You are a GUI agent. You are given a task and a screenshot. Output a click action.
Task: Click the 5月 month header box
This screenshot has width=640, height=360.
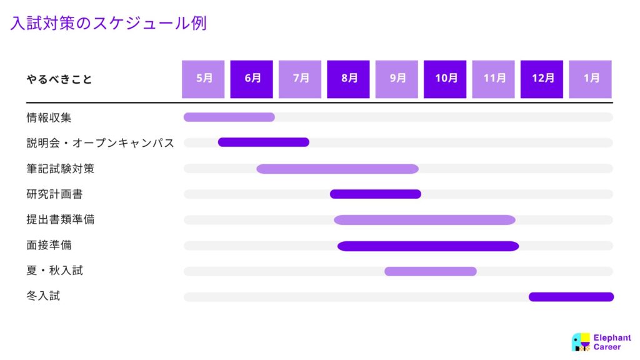coord(203,79)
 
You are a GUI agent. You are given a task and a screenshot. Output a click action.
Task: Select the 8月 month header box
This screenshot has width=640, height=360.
coord(348,79)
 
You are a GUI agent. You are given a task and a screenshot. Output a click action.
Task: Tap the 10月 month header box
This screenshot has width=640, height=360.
coord(445,79)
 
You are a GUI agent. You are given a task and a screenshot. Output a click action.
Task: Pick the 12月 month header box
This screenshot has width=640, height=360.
coord(542,79)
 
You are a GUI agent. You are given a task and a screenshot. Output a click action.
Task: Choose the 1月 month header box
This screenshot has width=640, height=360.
coord(590,79)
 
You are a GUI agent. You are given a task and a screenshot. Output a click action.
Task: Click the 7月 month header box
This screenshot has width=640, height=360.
coord(300,79)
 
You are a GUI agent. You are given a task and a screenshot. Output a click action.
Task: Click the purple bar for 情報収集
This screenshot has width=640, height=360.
coord(229,117)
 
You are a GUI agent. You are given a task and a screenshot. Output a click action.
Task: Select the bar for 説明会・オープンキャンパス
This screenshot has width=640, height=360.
coord(264,142)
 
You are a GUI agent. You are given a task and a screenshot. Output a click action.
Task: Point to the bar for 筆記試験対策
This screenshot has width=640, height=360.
coord(337,169)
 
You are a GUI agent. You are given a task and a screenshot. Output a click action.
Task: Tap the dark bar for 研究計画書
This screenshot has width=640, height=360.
coord(376,194)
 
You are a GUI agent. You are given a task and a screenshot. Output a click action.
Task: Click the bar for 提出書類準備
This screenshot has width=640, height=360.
coord(424,220)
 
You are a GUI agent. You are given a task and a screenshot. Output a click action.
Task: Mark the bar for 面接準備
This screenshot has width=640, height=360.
coord(428,246)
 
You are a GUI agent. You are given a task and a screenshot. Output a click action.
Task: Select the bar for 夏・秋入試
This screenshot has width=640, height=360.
coord(431,271)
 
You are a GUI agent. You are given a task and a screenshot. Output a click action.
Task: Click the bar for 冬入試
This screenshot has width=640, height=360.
coord(571,297)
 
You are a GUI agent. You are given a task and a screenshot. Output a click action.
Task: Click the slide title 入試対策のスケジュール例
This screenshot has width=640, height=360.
coord(109,23)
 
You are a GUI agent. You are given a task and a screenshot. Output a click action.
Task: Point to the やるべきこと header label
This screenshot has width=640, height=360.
coord(59,79)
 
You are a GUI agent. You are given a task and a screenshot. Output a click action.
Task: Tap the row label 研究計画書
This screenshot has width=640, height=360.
coord(55,194)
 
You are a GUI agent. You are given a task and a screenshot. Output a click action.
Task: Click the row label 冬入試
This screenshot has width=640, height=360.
coord(43,296)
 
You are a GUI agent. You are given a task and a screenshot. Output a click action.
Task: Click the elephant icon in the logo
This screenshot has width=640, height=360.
coord(581,342)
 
